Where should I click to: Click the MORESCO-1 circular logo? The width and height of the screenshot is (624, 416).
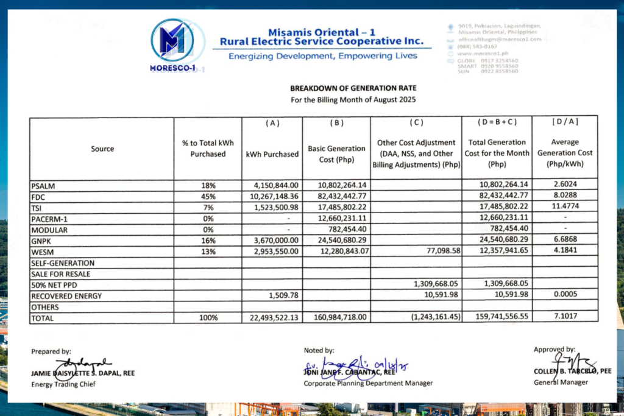click(173, 41)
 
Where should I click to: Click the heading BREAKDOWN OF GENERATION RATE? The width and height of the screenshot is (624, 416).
click(352, 88)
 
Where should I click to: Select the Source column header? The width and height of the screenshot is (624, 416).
click(102, 149)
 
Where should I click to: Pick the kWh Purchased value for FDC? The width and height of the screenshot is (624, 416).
click(272, 196)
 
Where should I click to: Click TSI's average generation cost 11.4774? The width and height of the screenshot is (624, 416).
click(565, 207)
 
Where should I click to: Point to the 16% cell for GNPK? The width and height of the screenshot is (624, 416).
click(208, 241)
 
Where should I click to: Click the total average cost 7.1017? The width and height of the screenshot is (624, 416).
click(565, 317)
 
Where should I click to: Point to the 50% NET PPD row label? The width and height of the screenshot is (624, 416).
click(54, 284)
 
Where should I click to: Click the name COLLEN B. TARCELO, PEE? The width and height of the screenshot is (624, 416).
click(564, 372)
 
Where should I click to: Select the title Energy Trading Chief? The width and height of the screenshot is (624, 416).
click(63, 384)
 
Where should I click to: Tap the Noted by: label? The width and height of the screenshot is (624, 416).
click(319, 350)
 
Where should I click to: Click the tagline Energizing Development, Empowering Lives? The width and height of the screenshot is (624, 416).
click(322, 56)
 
